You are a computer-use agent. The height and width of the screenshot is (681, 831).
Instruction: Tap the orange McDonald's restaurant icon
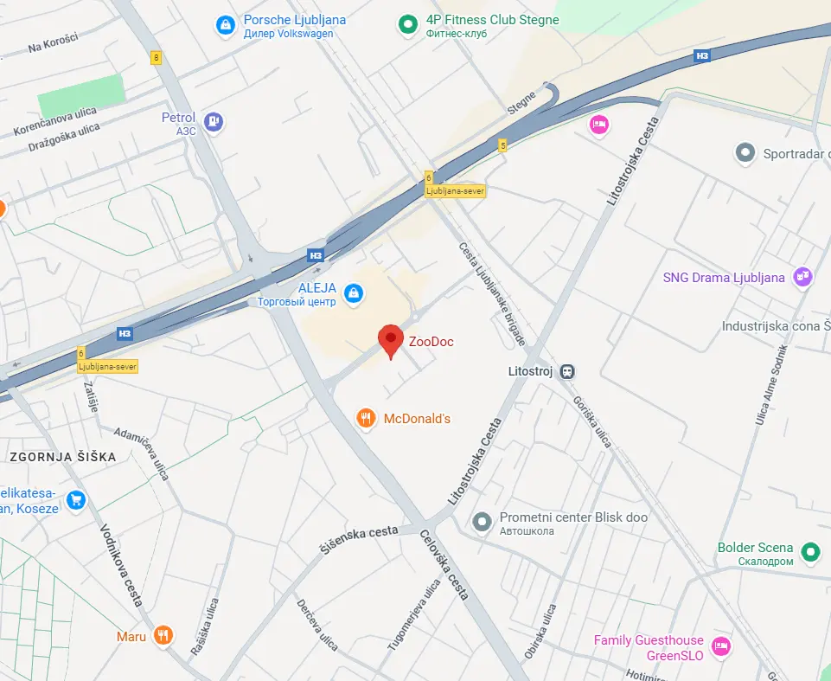tap(367, 419)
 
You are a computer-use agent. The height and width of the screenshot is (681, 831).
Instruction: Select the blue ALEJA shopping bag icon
tap(353, 294)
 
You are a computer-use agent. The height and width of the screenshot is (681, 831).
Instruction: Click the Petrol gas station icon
tap(214, 122)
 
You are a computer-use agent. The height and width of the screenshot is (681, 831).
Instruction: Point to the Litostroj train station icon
tap(566, 371)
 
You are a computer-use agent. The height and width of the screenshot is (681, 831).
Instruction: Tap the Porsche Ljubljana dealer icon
tap(225, 26)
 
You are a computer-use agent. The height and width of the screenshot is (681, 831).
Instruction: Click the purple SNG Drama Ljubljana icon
tap(803, 277)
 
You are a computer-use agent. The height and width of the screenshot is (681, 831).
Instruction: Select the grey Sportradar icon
tap(745, 154)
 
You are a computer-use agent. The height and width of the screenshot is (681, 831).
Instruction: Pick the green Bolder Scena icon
tap(810, 551)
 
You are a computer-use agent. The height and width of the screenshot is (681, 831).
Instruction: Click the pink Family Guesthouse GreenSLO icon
tap(719, 646)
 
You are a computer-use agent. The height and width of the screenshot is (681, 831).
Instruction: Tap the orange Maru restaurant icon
tap(163, 636)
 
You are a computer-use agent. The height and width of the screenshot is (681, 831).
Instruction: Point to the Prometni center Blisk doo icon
tap(482, 522)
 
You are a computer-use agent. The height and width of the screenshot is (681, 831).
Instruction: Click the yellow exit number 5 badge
tap(502, 145)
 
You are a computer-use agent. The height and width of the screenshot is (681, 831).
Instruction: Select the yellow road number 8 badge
tap(156, 58)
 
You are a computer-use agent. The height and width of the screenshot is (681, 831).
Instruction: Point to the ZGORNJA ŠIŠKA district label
tap(62, 457)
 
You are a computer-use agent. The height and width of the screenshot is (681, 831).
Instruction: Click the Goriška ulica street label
tap(591, 422)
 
